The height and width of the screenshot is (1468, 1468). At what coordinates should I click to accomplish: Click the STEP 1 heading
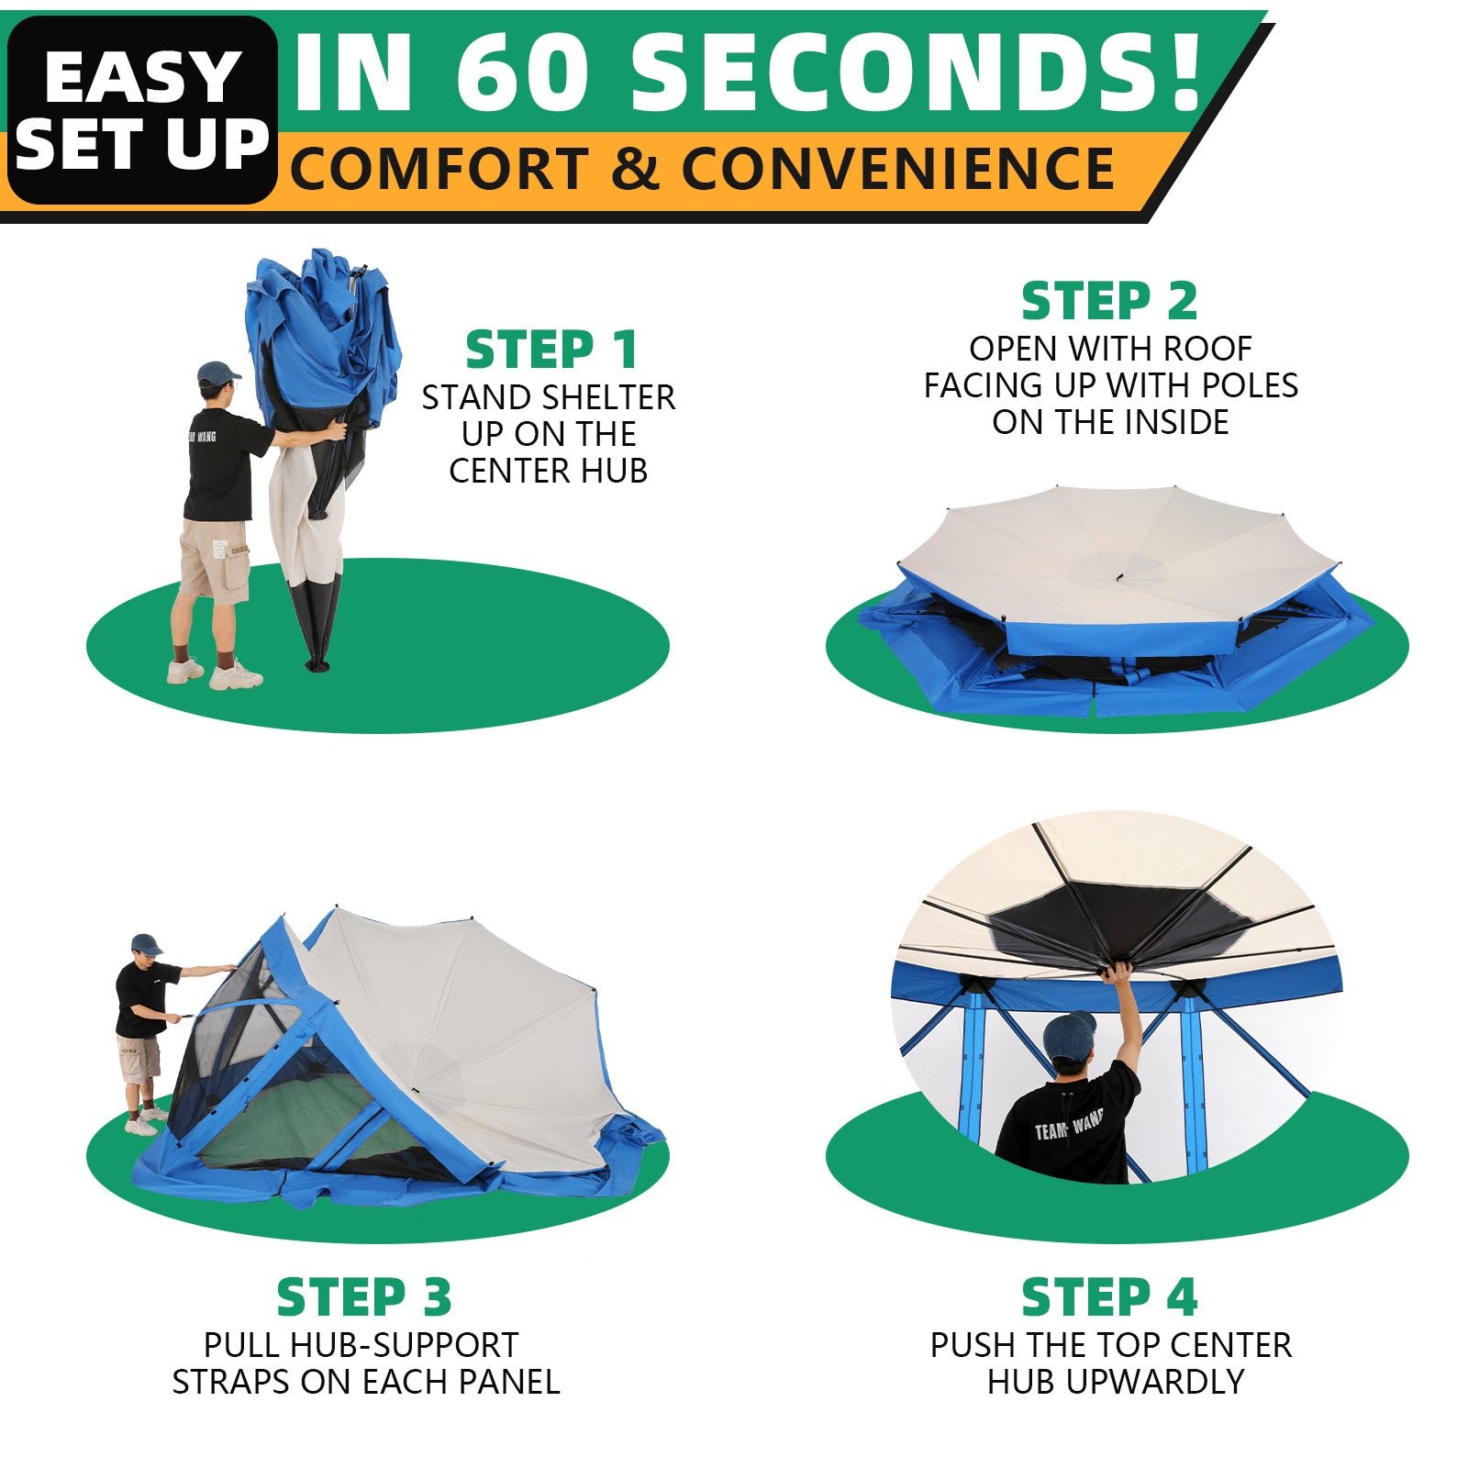pyautogui.click(x=550, y=350)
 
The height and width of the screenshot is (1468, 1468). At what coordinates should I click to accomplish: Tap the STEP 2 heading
pyautogui.click(x=1109, y=301)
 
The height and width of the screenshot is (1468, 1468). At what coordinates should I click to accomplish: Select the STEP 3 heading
pyautogui.click(x=364, y=1297)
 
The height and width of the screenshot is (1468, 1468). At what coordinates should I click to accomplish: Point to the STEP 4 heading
pyautogui.click(x=1109, y=1297)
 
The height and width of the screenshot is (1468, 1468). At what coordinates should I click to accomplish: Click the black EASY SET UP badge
pyautogui.click(x=142, y=110)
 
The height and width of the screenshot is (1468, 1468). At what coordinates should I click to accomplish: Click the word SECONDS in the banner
pyautogui.click(x=915, y=72)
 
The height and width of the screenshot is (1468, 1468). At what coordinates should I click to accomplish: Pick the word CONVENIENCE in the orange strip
pyautogui.click(x=897, y=169)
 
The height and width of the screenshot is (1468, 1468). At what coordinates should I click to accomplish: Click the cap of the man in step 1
pyautogui.click(x=218, y=373)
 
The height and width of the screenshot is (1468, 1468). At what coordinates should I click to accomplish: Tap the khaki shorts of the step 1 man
pyautogui.click(x=213, y=561)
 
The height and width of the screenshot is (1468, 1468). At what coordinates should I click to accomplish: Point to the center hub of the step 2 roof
pyautogui.click(x=1119, y=578)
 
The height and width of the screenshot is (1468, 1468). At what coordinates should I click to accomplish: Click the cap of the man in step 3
pyautogui.click(x=146, y=944)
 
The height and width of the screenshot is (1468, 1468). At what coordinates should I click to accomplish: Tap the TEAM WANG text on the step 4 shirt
pyautogui.click(x=1069, y=1126)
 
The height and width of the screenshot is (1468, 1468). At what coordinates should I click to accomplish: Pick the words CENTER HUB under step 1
pyautogui.click(x=549, y=471)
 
